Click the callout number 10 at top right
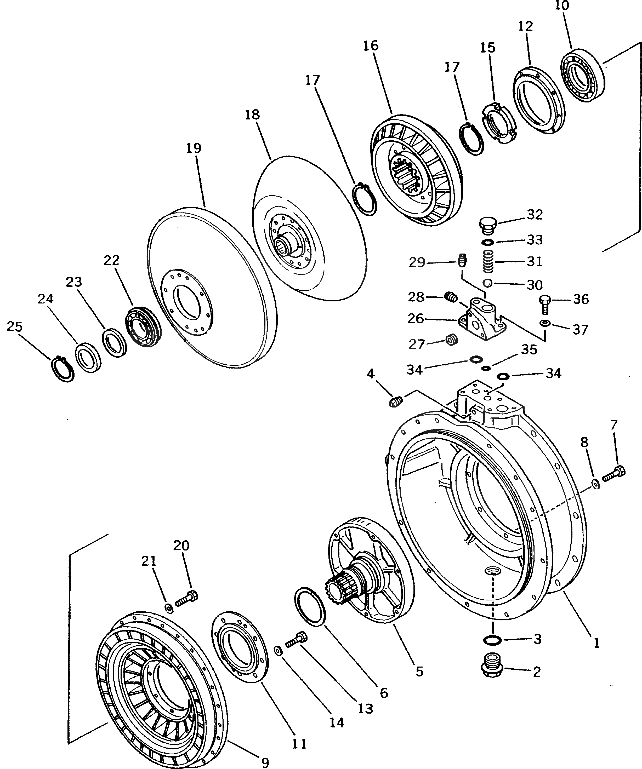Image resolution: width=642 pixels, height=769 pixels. point(562,6)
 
